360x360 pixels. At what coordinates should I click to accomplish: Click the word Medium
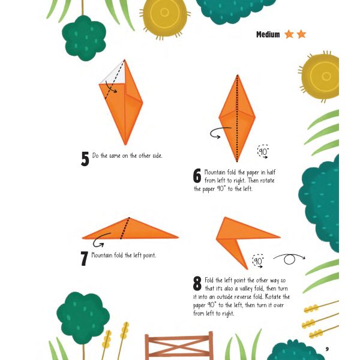point(268,34)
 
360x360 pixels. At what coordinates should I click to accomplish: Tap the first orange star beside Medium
point(289,34)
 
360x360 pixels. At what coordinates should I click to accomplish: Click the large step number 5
point(85,158)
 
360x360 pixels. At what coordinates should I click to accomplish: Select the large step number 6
point(197,176)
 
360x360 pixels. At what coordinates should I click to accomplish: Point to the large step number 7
point(84,259)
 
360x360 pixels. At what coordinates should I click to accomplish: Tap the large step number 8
point(197,283)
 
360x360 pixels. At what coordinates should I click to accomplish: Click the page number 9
point(327,349)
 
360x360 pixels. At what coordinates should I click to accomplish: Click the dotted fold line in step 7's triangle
point(125,228)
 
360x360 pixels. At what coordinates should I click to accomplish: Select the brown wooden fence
point(179,346)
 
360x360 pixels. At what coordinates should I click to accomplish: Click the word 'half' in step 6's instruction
point(271,172)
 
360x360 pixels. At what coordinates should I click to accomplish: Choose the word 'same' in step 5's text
point(115,156)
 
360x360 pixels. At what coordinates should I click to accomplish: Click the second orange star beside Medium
point(301,34)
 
